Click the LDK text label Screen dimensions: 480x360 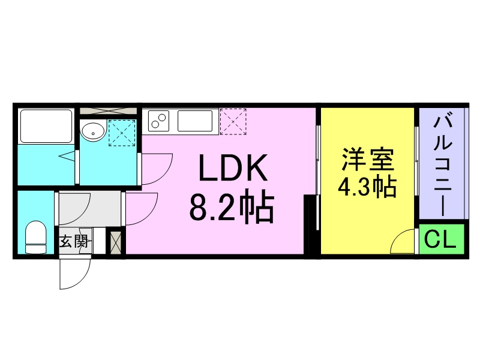pos(233,168)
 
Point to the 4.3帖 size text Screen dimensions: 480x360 pos(367,187)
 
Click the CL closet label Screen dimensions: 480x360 pos(440,239)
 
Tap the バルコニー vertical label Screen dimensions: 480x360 pos(443,166)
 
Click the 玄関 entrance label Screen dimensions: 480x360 pos(73,241)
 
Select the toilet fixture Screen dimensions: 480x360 pos(36,237)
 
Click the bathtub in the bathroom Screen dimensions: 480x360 pos(46,126)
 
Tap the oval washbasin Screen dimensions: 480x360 pos(93,131)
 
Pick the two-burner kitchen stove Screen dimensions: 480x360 pos(158,121)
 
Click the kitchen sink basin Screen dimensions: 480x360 pos(195,121)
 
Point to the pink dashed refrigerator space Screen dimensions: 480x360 pos(233,122)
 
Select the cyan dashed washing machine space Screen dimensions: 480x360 pos(122,133)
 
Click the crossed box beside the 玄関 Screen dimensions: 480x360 pos(116,243)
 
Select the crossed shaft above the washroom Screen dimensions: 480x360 pos(109,111)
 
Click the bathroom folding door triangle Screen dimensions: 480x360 pos(67,156)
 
